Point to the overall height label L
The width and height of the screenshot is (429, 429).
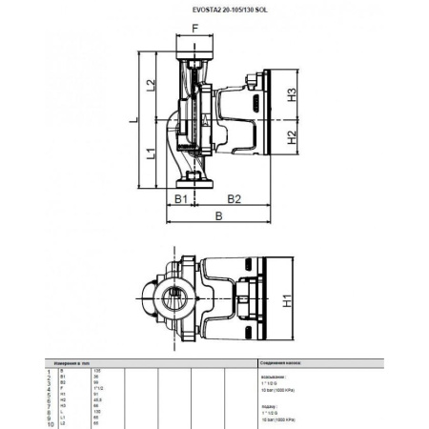click(135, 119)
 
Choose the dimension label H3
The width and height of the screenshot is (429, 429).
click(294, 95)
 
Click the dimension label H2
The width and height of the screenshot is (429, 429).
click(294, 136)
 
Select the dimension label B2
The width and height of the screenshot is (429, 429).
click(233, 199)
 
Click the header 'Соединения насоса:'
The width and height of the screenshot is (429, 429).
click(281, 363)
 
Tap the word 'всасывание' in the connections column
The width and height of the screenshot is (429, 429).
click(273, 376)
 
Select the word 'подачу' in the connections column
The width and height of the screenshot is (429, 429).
click(268, 403)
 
